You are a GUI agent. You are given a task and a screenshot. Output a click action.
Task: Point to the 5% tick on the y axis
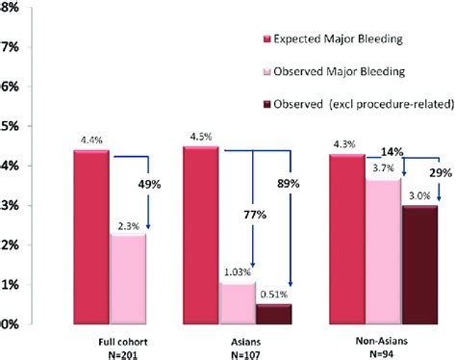(x=9, y=126)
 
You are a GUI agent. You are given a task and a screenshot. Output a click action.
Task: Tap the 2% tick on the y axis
(x=9, y=245)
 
